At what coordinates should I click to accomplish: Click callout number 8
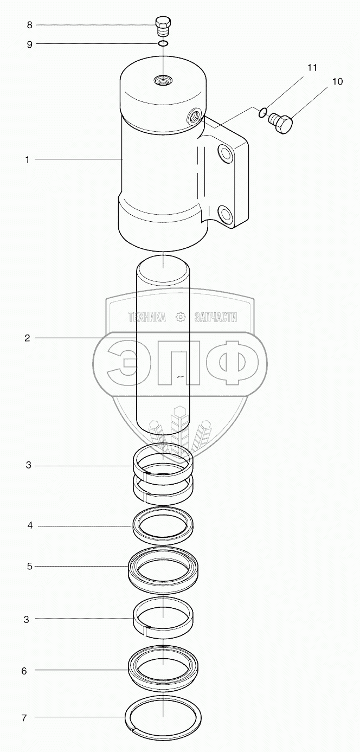click(30, 25)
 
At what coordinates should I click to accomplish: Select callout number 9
click(30, 44)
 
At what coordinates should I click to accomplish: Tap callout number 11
click(312, 68)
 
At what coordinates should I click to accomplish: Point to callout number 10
click(337, 81)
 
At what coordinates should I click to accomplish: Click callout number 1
click(28, 159)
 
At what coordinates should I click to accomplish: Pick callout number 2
click(27, 338)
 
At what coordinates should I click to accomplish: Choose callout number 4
click(30, 525)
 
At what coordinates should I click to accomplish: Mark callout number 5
click(30, 567)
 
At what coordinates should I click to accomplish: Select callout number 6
click(24, 671)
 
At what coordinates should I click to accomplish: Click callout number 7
click(24, 718)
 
